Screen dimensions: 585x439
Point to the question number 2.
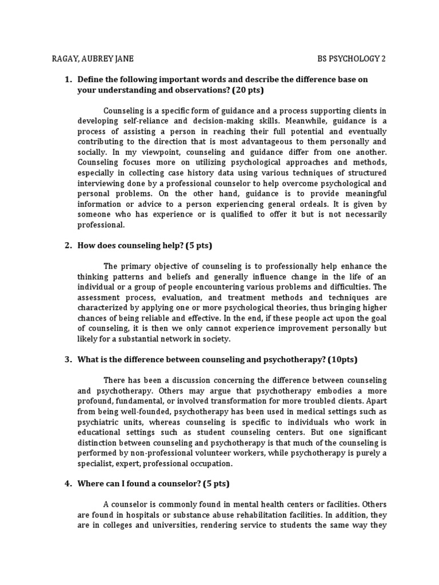67,246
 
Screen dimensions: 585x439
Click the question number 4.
67,483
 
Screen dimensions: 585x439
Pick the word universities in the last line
159,524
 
